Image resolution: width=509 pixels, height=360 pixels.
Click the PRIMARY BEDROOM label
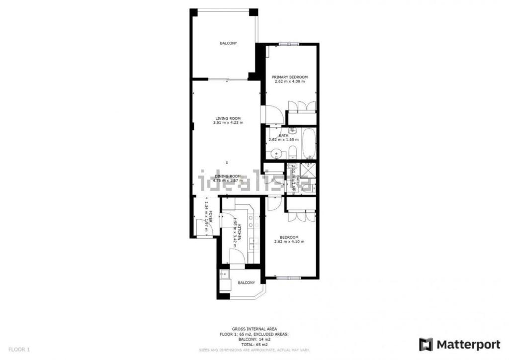pos(290,77)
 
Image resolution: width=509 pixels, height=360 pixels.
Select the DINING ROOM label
pos(228,176)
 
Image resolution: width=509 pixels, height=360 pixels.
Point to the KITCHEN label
pos(240,232)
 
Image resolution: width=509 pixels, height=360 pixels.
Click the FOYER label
pos(211,217)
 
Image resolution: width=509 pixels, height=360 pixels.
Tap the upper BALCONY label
pos(229,43)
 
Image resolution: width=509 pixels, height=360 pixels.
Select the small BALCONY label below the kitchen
pos(246,282)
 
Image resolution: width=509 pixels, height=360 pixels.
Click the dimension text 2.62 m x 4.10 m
pos(289,242)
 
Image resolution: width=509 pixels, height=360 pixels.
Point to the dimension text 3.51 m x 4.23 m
pos(228,123)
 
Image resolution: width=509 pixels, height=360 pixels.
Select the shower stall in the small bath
pos(308,170)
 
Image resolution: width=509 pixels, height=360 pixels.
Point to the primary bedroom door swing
pos(275,115)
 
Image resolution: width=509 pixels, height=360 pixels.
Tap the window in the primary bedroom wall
pos(289,44)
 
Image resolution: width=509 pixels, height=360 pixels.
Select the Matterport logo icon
pos(426,344)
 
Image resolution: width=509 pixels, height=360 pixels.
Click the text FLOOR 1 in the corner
pos(19,349)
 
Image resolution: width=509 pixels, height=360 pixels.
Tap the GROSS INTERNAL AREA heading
pos(254,329)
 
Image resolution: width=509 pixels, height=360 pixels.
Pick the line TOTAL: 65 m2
pos(254,344)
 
